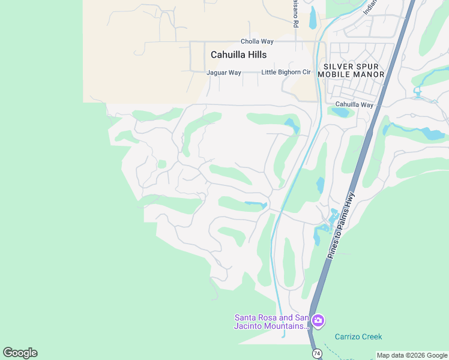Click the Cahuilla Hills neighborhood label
tap(238, 55)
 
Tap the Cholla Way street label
tap(257, 41)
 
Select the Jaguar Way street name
tap(223, 73)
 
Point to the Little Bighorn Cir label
tap(286, 73)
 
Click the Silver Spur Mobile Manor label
tap(351, 70)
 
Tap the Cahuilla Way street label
tap(354, 104)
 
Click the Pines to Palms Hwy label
tap(342, 226)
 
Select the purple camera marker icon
tap(318, 321)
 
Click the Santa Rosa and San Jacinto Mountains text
tap(271, 322)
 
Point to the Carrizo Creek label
tap(358, 337)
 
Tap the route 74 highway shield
tap(316, 354)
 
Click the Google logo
tap(20, 353)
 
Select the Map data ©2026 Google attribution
tap(412, 355)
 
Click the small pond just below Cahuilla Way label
tap(340, 112)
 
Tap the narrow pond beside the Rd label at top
tap(312, 17)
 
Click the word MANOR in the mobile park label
tap(367, 74)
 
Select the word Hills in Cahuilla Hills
tap(255, 55)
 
